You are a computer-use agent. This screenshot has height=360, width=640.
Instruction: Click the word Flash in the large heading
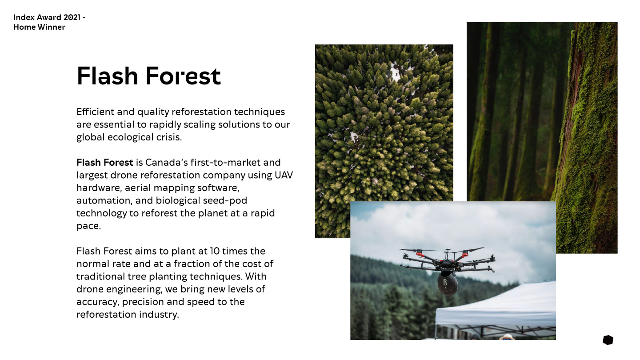(108, 76)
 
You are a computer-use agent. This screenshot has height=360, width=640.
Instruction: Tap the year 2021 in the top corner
(72, 17)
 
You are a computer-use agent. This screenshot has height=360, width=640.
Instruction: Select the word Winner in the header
(52, 27)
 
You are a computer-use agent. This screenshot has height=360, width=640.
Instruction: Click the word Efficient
(96, 112)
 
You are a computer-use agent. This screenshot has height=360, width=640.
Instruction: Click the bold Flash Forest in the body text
(104, 163)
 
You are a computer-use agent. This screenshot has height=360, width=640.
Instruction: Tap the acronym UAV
(284, 175)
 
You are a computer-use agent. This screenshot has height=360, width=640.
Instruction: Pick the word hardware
(100, 188)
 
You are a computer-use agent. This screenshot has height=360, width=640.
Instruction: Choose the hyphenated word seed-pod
(225, 200)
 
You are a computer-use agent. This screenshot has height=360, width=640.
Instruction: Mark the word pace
(88, 226)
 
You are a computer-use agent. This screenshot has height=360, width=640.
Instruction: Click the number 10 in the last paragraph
(215, 251)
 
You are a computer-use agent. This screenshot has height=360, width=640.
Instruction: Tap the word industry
(159, 315)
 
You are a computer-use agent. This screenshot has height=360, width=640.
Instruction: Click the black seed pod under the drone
(448, 283)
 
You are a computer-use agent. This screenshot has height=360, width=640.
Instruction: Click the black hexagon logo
(608, 340)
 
